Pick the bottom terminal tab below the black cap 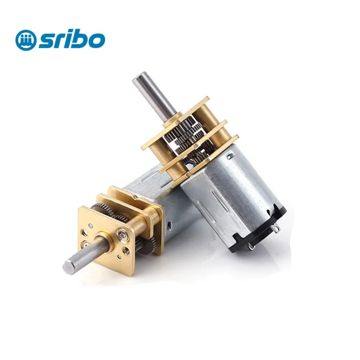251,247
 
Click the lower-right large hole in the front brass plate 126,253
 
